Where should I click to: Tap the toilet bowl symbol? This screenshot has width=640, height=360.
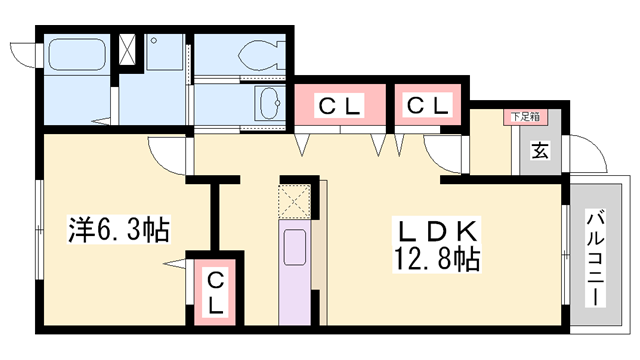click(259, 56)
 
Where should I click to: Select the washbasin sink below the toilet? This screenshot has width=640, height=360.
click(269, 102)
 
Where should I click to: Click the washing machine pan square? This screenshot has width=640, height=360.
click(161, 55)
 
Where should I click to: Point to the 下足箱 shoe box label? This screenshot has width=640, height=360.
click(524, 117)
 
